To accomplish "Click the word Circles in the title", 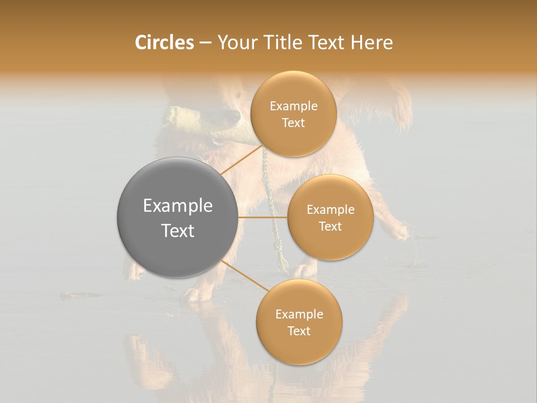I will point(164,43).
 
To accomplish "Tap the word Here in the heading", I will point(371,43).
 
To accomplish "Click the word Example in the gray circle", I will point(178,206).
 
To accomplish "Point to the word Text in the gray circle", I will point(178,231).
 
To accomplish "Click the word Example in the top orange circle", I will point(293,106).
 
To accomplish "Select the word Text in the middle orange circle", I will point(330,226).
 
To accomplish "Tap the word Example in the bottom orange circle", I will point(299,315).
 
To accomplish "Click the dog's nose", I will point(231,116).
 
